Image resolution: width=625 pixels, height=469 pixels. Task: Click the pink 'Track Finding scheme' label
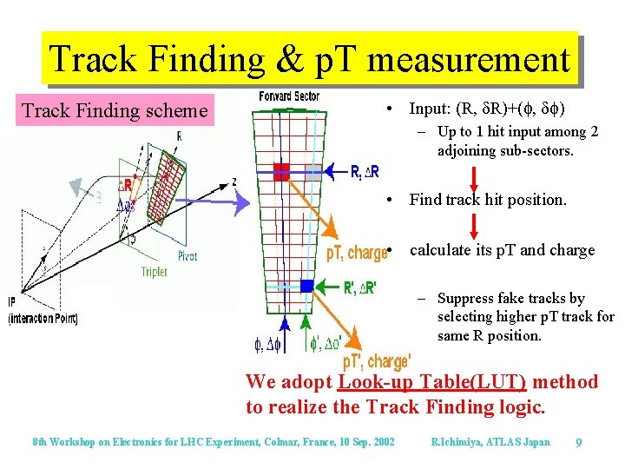(x=115, y=110)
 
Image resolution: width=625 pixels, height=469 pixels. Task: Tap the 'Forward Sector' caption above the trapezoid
(x=289, y=96)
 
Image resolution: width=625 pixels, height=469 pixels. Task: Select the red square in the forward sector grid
(x=281, y=171)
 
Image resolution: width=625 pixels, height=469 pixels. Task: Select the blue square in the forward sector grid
(x=306, y=286)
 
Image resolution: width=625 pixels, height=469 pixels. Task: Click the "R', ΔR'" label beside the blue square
(x=360, y=288)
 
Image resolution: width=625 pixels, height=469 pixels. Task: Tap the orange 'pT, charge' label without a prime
(x=356, y=254)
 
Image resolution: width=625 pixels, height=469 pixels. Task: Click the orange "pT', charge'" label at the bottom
(x=377, y=361)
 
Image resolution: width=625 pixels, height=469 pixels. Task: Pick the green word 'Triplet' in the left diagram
(x=154, y=272)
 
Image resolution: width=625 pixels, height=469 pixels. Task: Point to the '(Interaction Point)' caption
(x=43, y=319)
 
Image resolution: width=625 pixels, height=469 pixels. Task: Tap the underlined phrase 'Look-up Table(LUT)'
(x=431, y=382)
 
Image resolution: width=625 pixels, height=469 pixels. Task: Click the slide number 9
(x=578, y=443)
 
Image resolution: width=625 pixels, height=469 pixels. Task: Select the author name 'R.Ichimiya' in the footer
(x=463, y=443)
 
